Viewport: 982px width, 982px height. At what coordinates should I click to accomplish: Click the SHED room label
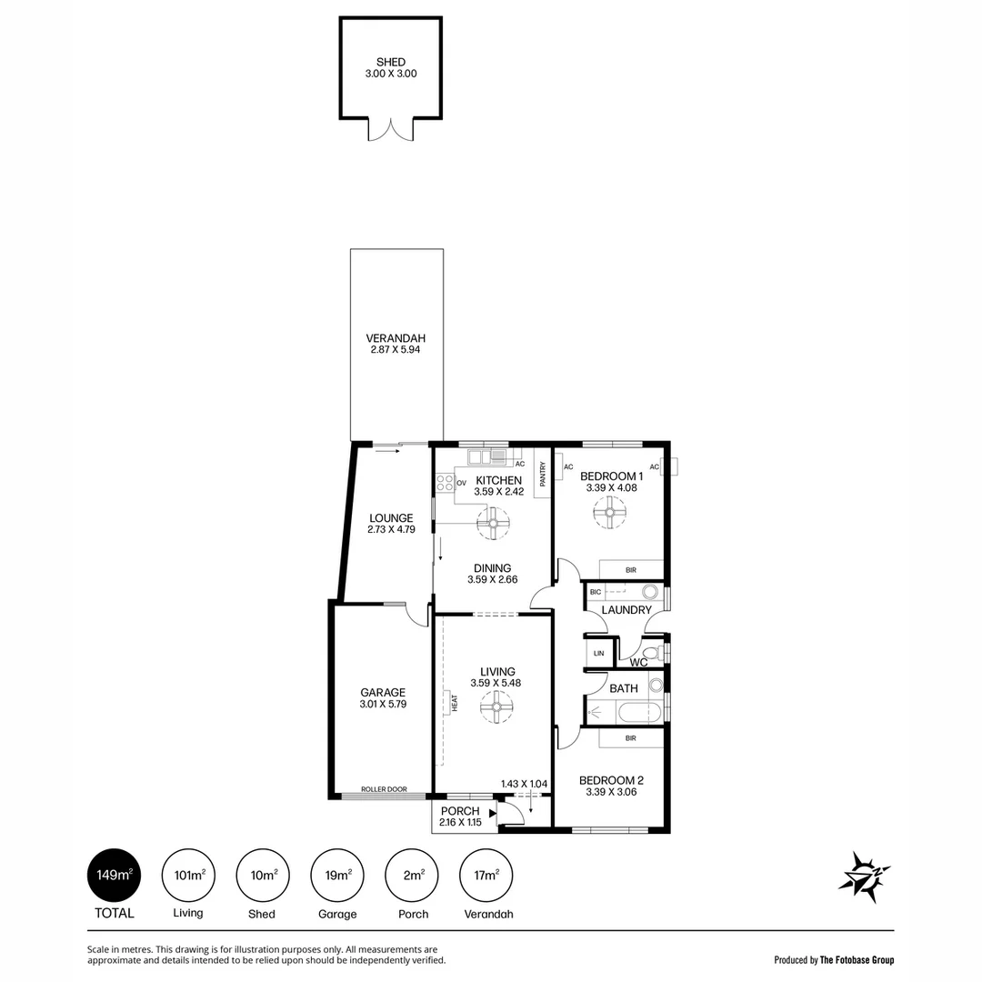391,62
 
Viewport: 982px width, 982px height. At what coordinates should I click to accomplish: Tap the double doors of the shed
391,130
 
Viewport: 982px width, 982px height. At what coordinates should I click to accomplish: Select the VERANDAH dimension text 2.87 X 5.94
396,349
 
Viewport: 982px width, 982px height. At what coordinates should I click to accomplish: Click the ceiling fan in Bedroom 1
610,514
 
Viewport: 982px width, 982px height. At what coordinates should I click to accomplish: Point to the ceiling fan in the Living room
496,706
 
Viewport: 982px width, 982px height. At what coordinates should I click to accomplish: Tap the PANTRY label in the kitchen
543,474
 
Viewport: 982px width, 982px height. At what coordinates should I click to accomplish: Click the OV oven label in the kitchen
461,483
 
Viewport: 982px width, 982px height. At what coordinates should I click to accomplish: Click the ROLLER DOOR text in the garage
383,789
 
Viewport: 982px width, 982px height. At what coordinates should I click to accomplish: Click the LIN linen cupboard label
598,653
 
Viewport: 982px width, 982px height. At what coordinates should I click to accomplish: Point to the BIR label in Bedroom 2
631,740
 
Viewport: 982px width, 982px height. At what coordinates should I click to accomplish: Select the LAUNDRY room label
626,610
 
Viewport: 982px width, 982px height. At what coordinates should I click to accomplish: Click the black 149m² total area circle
115,876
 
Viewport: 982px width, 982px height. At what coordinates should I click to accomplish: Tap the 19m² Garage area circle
338,876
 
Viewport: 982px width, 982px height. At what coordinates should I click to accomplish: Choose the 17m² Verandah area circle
488,876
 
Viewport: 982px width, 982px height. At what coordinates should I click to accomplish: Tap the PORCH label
459,811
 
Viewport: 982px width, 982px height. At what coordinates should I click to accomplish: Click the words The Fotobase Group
857,959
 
